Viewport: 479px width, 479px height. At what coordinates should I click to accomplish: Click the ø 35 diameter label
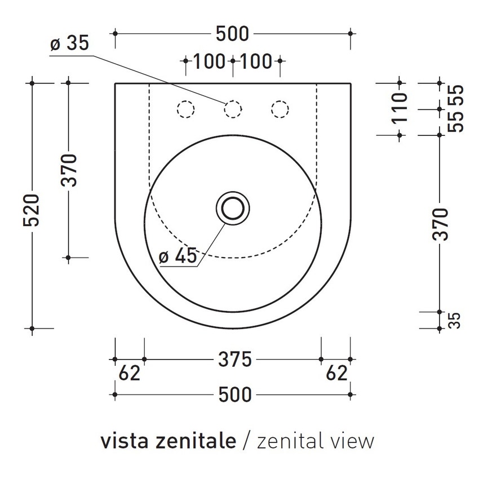point(69,44)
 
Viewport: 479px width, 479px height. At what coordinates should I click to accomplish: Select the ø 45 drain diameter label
point(178,256)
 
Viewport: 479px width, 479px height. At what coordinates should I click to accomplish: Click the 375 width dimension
point(234,359)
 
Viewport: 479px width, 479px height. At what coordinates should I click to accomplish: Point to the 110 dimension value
point(398,109)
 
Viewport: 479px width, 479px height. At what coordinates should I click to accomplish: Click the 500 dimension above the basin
point(232,34)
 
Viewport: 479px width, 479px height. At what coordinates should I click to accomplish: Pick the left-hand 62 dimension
point(129,373)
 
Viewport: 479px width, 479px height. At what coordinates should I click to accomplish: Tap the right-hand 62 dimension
point(336,373)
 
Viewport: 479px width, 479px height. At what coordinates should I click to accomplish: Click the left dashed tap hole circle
point(185,109)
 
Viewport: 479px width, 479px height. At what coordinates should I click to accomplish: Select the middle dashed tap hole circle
point(233,109)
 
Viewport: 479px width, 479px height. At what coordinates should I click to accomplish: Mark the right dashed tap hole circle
point(280,109)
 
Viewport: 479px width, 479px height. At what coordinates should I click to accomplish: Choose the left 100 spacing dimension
point(209,61)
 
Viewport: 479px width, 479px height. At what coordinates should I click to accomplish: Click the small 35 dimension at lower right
point(455,320)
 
